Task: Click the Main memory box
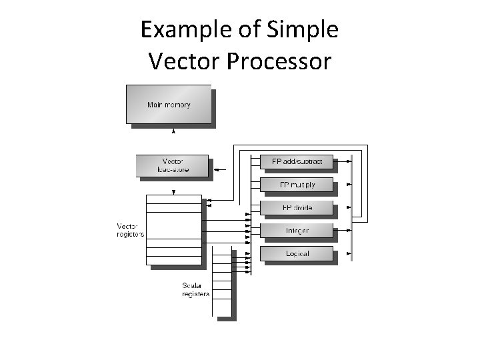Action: tap(169, 104)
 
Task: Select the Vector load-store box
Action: tap(172, 165)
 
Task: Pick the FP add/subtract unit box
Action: tap(296, 162)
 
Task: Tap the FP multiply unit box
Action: tap(296, 185)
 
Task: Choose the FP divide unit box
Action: tap(296, 208)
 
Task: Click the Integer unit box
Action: tap(296, 231)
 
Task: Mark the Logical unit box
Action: tap(296, 253)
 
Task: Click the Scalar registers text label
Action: tap(195, 290)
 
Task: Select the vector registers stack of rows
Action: tap(173, 230)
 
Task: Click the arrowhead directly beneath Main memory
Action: tap(173, 132)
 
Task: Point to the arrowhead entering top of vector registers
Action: tap(173, 192)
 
